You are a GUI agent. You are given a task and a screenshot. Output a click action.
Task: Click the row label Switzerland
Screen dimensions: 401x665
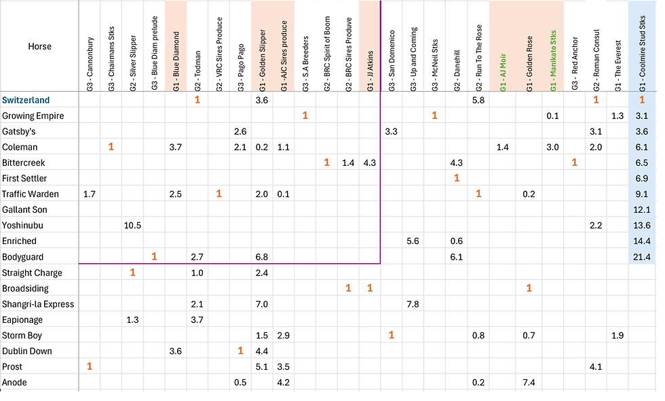pos(26,100)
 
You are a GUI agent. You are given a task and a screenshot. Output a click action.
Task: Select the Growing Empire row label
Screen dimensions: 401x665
pos(33,116)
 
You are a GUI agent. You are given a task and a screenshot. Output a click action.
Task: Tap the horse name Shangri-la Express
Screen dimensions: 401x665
pos(38,304)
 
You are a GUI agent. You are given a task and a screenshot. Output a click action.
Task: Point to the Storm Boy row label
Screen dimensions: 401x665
pos(22,335)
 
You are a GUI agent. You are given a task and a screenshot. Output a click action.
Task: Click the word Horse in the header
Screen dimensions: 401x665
pos(39,47)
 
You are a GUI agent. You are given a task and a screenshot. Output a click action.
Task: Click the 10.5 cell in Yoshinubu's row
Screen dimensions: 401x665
pos(133,225)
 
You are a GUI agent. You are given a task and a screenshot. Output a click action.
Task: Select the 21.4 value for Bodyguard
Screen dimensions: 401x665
pos(642,256)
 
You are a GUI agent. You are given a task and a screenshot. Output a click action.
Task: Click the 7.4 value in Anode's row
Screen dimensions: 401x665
pos(529,382)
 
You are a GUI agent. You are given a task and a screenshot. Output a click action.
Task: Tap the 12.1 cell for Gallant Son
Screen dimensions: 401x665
pos(642,209)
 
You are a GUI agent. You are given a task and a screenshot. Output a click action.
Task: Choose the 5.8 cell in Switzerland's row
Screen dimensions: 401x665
pos(478,100)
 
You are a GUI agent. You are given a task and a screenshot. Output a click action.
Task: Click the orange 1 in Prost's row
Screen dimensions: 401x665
pos(90,366)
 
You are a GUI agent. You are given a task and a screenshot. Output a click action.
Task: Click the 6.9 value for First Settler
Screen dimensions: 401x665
pos(642,178)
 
